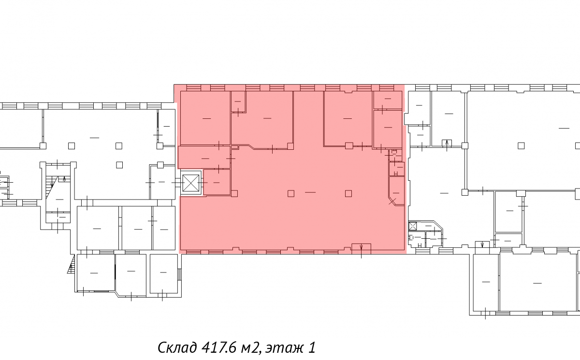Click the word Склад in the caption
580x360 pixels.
[177, 347]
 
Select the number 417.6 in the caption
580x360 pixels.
[218, 347]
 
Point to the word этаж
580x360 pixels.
[284, 348]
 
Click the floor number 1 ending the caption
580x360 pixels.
[312, 347]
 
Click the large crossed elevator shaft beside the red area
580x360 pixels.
[191, 183]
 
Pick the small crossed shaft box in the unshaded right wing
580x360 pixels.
[412, 226]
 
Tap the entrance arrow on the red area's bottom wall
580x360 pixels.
[361, 248]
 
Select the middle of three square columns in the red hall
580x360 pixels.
[291, 194]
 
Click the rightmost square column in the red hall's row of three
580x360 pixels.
[348, 194]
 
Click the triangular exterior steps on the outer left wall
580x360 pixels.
[72, 264]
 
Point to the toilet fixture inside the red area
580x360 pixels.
[394, 152]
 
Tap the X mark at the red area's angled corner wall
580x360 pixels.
[392, 202]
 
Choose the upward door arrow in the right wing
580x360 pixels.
[447, 145]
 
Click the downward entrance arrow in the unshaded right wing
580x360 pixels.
[482, 245]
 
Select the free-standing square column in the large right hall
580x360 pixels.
[521, 146]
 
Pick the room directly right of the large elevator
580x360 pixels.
[217, 182]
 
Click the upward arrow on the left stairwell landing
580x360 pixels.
[64, 179]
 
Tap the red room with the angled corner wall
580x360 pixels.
[397, 191]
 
